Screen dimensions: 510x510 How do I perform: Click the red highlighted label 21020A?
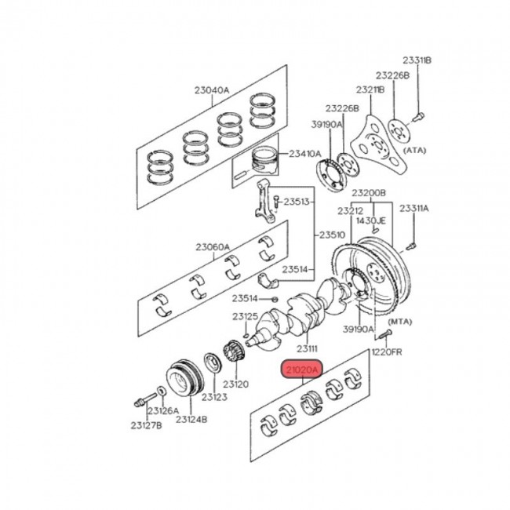pyautogui.click(x=303, y=369)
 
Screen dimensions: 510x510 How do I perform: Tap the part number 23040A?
pyautogui.click(x=212, y=90)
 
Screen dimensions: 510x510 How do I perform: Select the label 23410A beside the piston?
pyautogui.click(x=304, y=154)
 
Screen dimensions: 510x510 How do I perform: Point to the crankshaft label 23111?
pyautogui.click(x=307, y=348)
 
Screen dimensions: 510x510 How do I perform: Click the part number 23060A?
pyautogui.click(x=213, y=247)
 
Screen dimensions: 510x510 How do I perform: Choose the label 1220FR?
pyautogui.click(x=387, y=352)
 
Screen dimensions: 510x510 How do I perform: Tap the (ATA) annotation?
pyautogui.click(x=414, y=151)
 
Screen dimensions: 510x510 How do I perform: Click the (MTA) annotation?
pyautogui.click(x=399, y=322)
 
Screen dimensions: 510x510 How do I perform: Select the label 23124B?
pyautogui.click(x=191, y=419)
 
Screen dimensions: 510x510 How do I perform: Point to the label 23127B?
pyautogui.click(x=146, y=425)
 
